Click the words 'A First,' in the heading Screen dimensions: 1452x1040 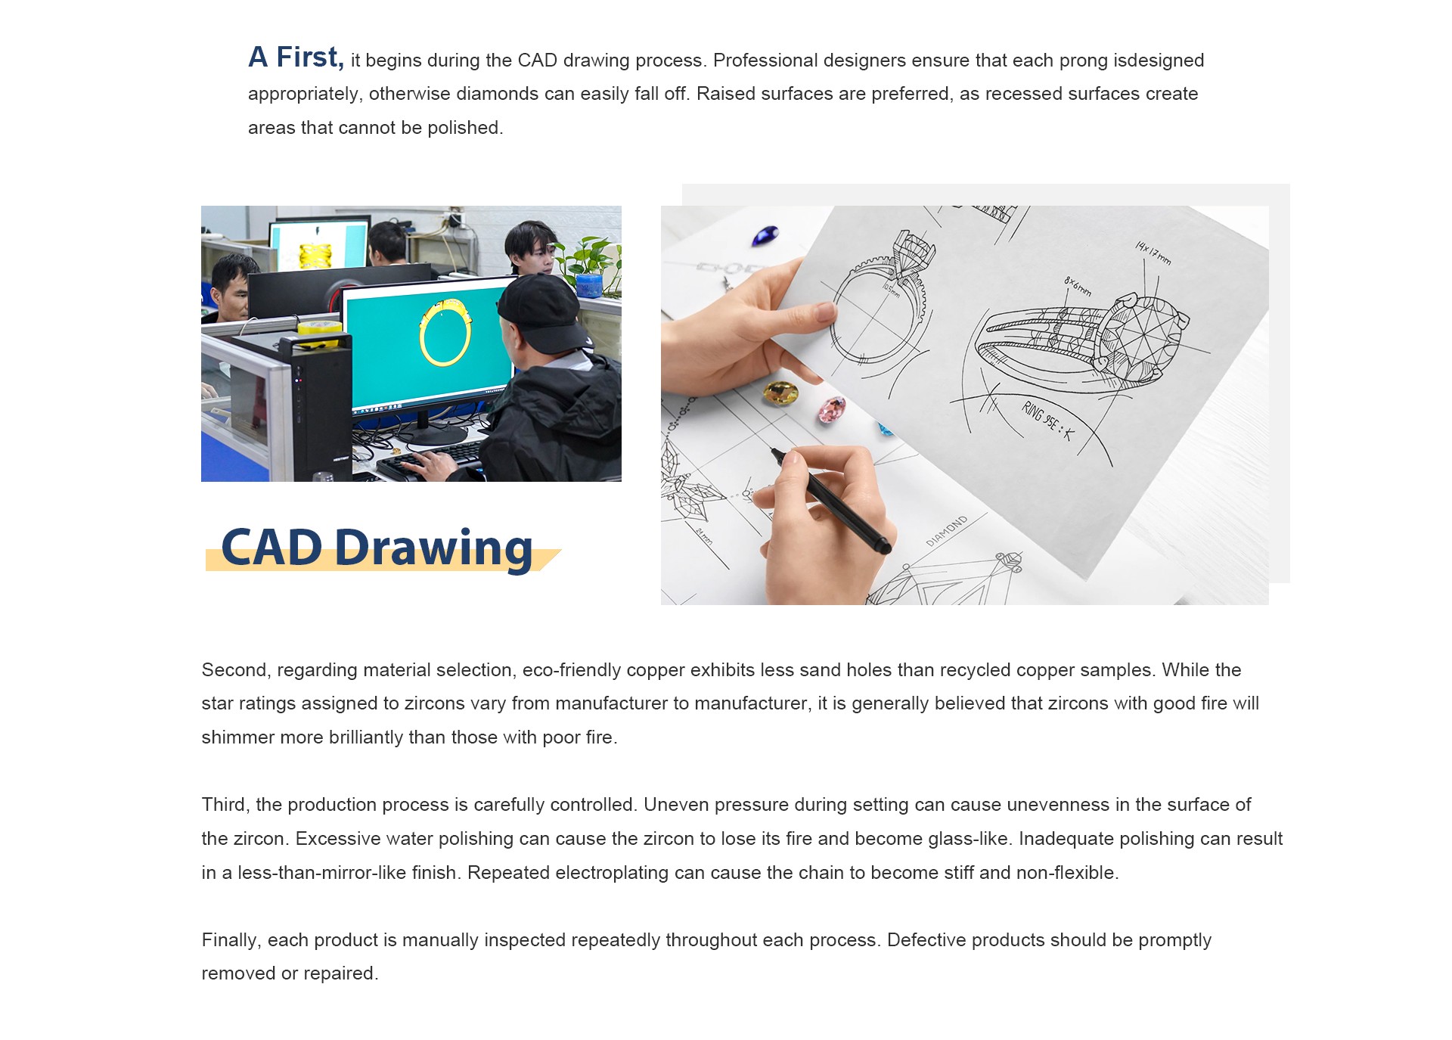coord(296,57)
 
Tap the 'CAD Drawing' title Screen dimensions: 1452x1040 coord(377,548)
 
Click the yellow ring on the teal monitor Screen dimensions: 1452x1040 coord(445,332)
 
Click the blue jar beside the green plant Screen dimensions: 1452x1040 coord(589,286)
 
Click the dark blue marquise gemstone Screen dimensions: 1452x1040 coord(765,236)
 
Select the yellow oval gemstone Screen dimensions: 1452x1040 coord(781,393)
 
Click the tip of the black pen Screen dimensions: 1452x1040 coord(773,451)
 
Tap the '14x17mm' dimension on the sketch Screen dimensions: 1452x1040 coord(1153,253)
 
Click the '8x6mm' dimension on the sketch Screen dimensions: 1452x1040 coord(1078,286)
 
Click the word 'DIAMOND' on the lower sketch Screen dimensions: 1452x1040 coord(947,531)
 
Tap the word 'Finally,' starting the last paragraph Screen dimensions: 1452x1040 coord(231,940)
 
